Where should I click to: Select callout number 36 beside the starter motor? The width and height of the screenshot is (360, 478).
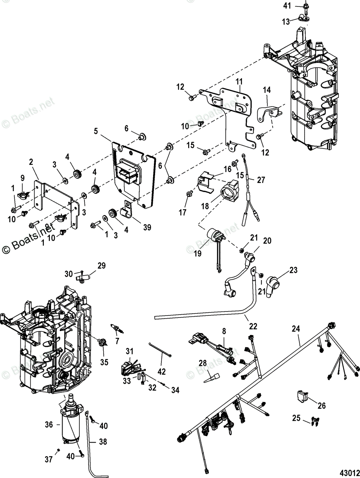49,425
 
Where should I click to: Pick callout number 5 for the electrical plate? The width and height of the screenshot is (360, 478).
96,130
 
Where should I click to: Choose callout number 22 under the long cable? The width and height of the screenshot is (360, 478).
253,326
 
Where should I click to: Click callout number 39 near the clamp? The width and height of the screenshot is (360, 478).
147,227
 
